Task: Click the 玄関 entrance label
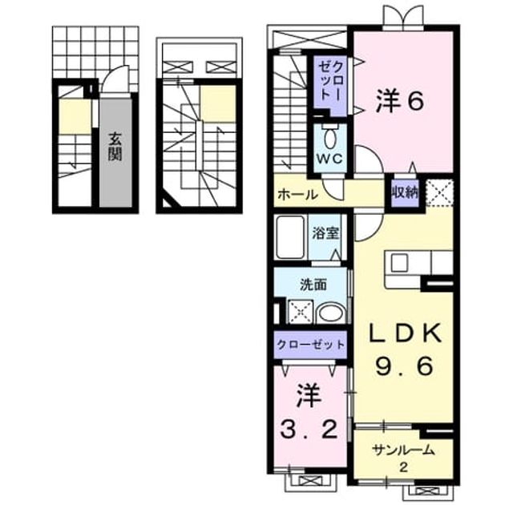pyautogui.click(x=115, y=147)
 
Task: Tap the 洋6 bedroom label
pyautogui.click(x=400, y=100)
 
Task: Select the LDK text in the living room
pyautogui.click(x=405, y=333)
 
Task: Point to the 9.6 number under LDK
pyautogui.click(x=403, y=367)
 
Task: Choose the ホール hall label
pyautogui.click(x=298, y=195)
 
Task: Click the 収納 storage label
pyautogui.click(x=405, y=192)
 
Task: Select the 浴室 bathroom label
pyautogui.click(x=325, y=233)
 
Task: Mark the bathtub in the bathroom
pyautogui.click(x=290, y=237)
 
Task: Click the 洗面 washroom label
pyautogui.click(x=313, y=285)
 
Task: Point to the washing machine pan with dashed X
pyautogui.click(x=301, y=312)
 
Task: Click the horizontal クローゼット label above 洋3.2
pyautogui.click(x=311, y=345)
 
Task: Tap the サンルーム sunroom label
pyautogui.click(x=403, y=450)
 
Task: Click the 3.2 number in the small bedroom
pyautogui.click(x=309, y=429)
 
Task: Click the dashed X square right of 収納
pyautogui.click(x=439, y=192)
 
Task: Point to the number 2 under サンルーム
pyautogui.click(x=403, y=467)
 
